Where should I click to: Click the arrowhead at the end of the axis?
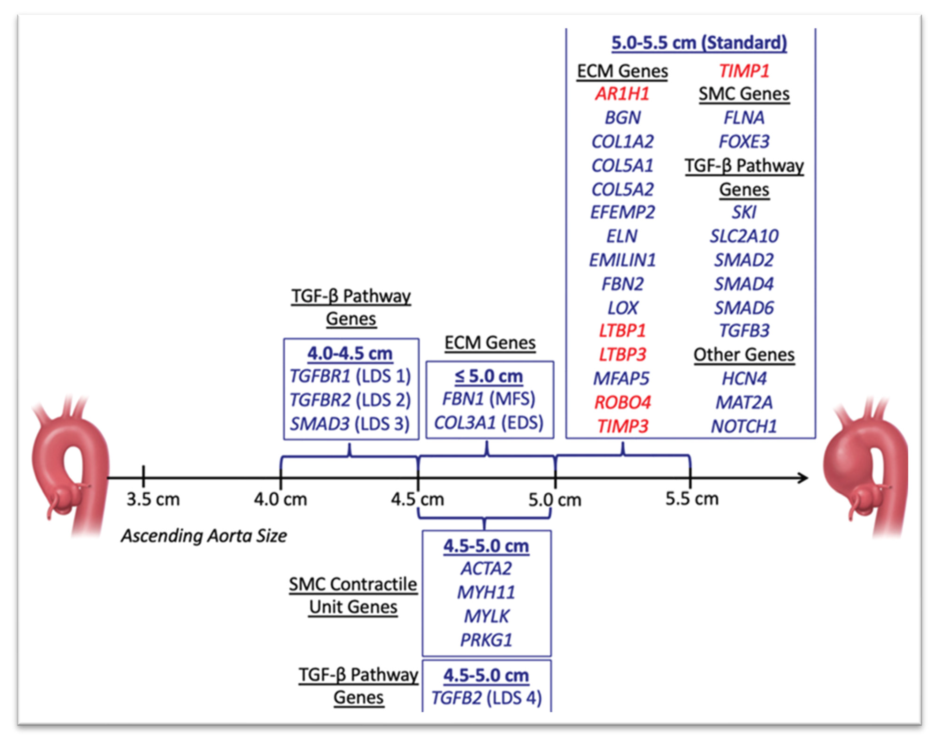(803, 478)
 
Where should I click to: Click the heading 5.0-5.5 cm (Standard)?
(699, 43)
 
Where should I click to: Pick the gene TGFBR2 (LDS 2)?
(350, 400)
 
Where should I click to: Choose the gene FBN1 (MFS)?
(489, 398)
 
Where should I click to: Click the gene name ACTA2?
(486, 569)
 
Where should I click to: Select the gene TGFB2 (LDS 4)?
(486, 698)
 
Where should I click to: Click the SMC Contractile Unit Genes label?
(353, 595)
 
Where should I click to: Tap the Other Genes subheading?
(744, 355)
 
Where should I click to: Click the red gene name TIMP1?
(744, 71)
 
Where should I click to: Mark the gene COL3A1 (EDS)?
(489, 422)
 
